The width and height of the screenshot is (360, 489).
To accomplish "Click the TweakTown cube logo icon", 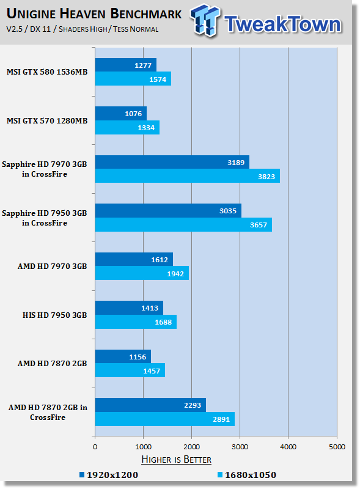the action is click(x=205, y=20).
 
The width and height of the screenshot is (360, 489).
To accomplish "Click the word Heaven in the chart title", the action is click(x=83, y=13).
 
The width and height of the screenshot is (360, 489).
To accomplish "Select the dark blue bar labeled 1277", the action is click(x=126, y=65).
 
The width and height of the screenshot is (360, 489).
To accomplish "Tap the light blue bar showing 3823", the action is click(x=188, y=176).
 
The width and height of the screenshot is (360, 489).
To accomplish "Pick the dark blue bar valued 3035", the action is click(x=168, y=211).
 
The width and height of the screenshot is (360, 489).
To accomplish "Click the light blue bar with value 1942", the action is click(x=142, y=273).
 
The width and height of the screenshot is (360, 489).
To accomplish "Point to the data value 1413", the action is click(x=150, y=308).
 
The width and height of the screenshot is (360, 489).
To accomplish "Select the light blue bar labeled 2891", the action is click(x=165, y=419).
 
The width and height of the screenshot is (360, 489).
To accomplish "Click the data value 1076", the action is click(x=133, y=114).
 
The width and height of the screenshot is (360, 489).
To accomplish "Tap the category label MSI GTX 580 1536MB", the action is click(x=47, y=72).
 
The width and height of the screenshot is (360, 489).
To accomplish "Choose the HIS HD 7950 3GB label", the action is click(x=54, y=315).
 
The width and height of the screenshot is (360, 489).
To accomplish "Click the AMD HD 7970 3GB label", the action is click(x=52, y=267).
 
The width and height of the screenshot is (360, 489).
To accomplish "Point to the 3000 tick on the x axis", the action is click(x=240, y=447).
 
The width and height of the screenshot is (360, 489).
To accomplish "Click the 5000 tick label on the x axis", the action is click(x=337, y=447).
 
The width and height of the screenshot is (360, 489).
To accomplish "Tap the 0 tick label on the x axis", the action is click(x=95, y=447).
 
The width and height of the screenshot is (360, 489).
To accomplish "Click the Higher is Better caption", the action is click(x=176, y=460).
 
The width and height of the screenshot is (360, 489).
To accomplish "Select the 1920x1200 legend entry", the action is click(x=109, y=475).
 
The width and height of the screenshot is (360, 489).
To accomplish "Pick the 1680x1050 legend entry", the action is click(x=247, y=475).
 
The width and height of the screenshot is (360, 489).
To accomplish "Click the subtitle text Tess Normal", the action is click(x=136, y=29).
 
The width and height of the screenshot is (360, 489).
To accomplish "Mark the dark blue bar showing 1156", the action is click(x=123, y=356).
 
